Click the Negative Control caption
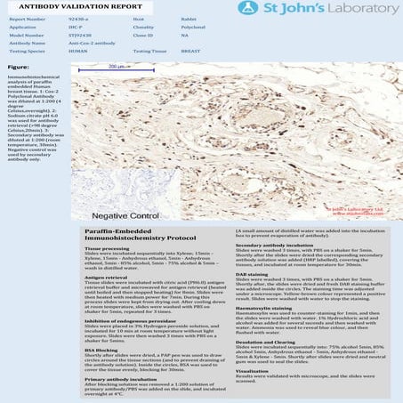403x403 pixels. click(125, 215)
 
